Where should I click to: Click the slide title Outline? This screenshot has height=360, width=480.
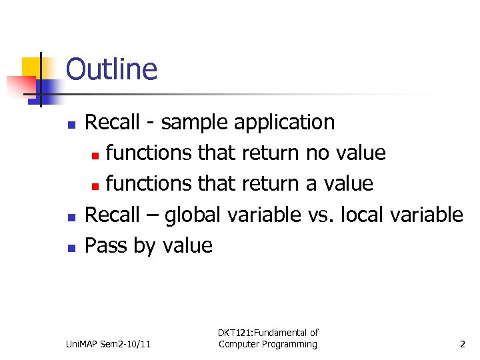(111, 69)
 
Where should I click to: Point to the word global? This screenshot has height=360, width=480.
(194, 215)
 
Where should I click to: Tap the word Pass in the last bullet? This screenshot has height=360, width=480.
(107, 245)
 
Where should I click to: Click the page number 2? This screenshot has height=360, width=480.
(462, 345)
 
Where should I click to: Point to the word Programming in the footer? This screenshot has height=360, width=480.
(287, 345)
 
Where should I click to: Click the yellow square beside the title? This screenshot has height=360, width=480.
(31, 67)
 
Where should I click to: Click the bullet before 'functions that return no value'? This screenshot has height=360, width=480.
(95, 155)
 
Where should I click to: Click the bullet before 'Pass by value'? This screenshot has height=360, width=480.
(72, 247)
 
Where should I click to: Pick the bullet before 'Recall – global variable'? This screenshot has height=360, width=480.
(72, 217)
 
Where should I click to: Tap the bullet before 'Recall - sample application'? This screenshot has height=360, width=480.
(72, 125)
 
